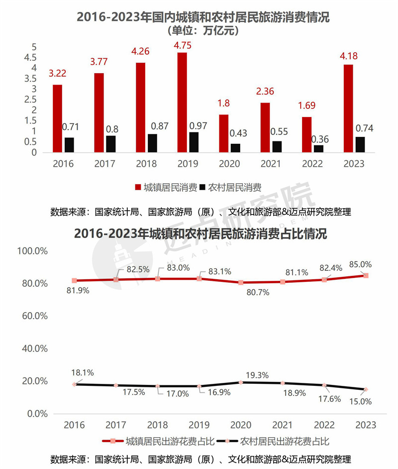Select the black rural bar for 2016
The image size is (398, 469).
click(x=69, y=145)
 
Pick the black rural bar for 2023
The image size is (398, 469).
click(x=360, y=144)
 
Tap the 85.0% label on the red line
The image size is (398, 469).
click(x=361, y=264)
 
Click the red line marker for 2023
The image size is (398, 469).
click(x=366, y=275)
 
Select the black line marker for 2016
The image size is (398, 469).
click(x=75, y=384)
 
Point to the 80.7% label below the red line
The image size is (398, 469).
click(x=257, y=293)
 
